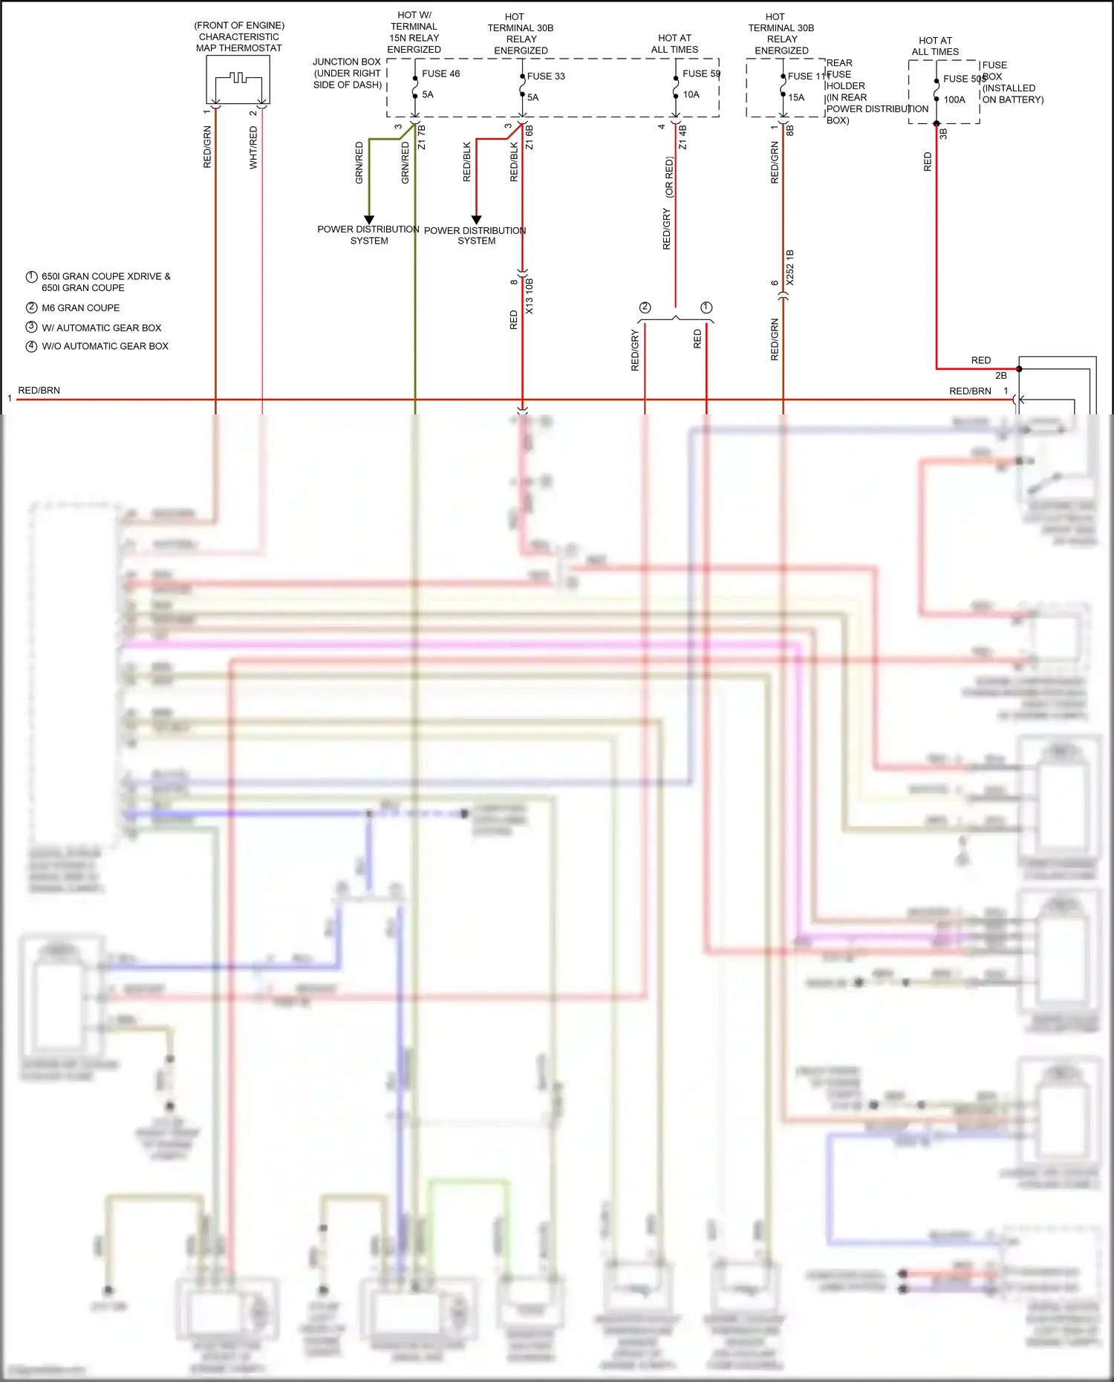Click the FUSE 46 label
click(440, 74)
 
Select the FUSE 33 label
click(546, 76)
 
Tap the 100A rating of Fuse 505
click(954, 100)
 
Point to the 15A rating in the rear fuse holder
click(796, 97)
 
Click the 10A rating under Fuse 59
click(691, 94)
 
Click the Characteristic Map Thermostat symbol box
click(238, 79)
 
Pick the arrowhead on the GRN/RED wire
click(369, 220)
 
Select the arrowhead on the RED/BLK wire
click(477, 220)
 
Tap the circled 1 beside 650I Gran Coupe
click(31, 276)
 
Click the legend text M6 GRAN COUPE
click(80, 307)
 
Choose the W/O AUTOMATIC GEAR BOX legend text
click(105, 346)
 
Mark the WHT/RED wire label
click(253, 147)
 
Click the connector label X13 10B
click(530, 296)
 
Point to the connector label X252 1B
click(790, 267)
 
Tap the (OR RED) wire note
click(669, 177)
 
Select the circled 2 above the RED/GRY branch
click(645, 307)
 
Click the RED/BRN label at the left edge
click(39, 390)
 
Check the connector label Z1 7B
click(422, 137)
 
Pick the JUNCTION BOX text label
click(347, 62)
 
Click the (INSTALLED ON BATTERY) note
click(1012, 94)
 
